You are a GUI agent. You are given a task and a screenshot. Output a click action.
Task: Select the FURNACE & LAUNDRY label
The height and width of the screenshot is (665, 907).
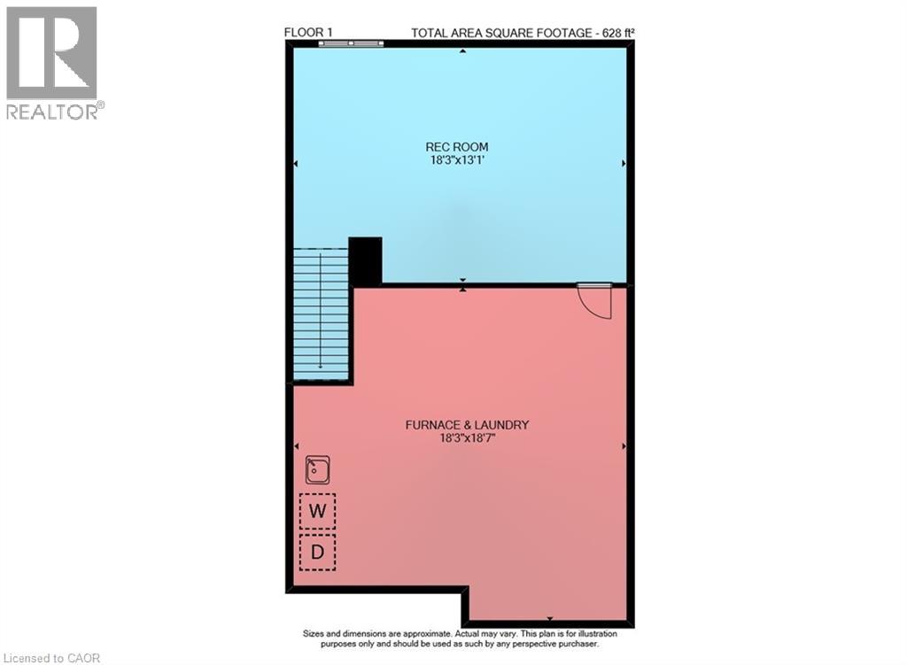467,425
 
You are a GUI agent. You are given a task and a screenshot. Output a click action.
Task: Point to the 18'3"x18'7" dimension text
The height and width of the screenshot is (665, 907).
467,438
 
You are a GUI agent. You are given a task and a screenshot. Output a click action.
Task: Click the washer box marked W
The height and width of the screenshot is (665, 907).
318,510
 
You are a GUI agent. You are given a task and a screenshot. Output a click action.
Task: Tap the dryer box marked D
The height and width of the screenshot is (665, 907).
318,552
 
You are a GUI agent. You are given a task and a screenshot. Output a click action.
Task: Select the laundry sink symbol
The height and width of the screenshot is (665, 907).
318,469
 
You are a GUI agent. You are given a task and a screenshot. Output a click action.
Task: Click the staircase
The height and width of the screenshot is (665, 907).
320,314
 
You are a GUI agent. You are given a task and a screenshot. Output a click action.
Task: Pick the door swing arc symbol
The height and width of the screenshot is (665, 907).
594,303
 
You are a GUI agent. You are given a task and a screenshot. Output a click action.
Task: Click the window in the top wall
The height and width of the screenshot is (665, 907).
351,43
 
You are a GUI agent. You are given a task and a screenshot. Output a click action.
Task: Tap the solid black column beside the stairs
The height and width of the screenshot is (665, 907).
365,260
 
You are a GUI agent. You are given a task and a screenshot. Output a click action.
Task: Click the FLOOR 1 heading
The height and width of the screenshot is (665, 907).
308,33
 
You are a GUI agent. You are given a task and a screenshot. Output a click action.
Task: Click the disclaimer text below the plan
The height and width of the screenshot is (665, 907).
460,639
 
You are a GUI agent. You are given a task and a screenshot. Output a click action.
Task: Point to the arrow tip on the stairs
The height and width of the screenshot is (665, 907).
320,367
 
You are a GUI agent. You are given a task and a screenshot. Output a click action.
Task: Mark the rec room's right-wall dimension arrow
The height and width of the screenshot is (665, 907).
624,164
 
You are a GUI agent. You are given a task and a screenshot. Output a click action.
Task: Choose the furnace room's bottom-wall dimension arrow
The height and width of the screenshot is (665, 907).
549,618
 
